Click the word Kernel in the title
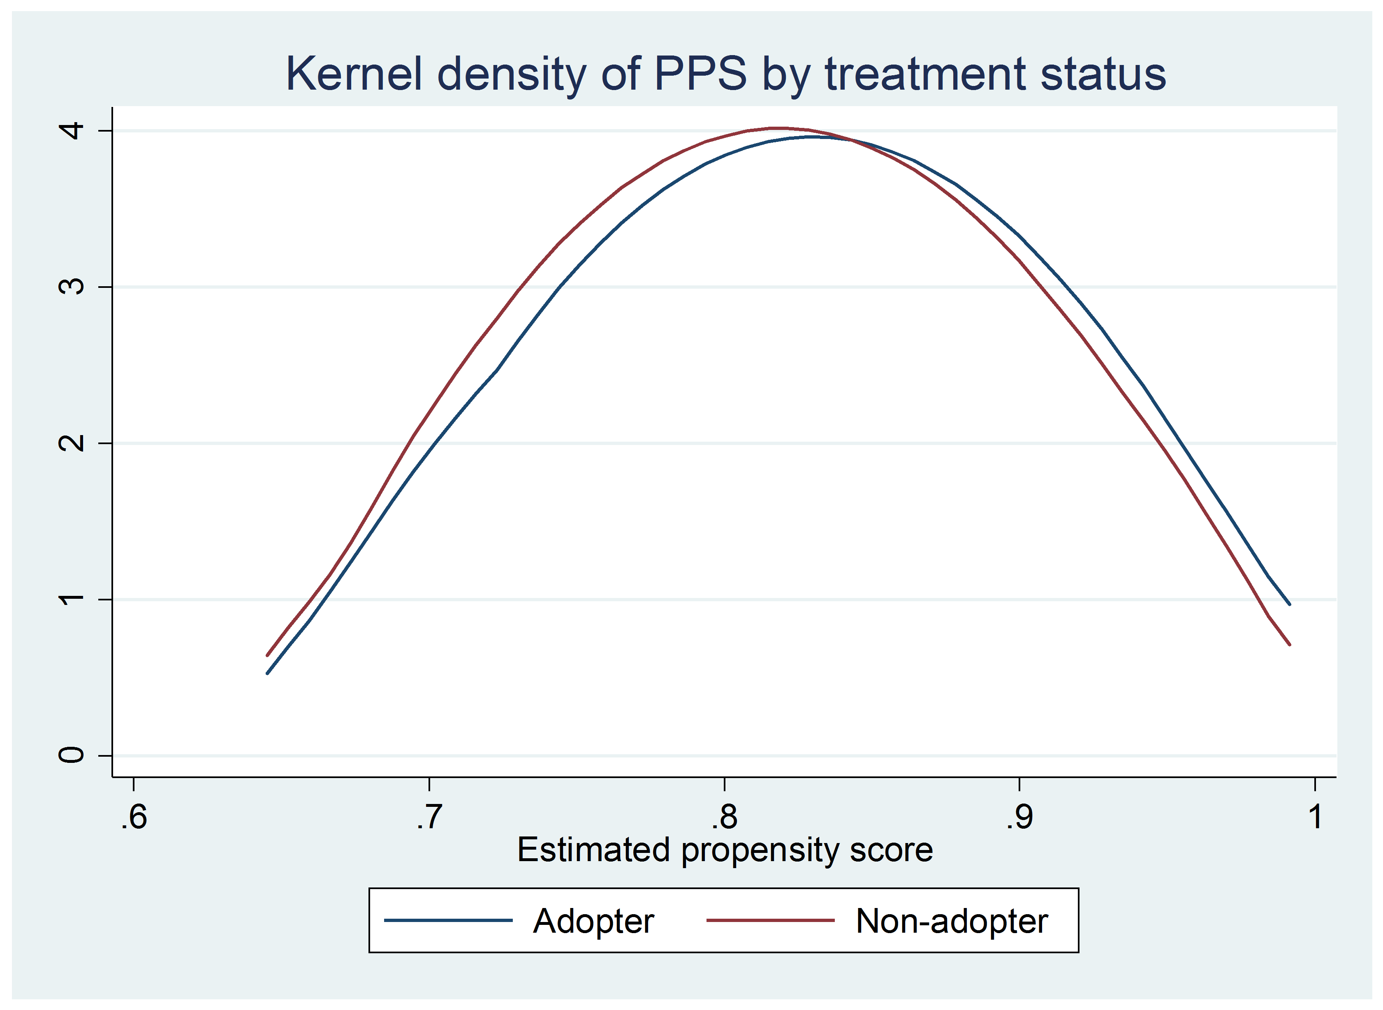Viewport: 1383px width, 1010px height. pos(354,74)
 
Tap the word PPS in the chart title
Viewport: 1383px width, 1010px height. pos(701,74)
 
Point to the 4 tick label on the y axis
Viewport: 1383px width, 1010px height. pos(72,130)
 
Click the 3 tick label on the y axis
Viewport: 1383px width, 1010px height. pos(72,286)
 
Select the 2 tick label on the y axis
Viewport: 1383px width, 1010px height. pos(72,442)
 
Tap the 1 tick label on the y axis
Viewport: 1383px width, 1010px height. pos(72,599)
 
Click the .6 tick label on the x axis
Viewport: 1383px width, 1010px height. pos(134,816)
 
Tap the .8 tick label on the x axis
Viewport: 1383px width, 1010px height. pos(725,816)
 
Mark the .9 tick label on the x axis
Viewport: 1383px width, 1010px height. pos(1020,816)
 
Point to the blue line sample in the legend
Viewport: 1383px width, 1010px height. pos(448,920)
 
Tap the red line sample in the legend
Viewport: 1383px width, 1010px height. pos(770,920)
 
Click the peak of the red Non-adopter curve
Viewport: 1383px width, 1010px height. pos(775,128)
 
